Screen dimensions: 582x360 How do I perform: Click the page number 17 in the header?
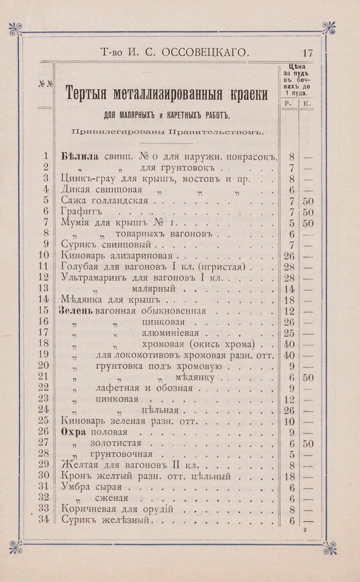tap(308, 52)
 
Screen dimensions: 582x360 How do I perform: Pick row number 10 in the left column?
tap(43, 255)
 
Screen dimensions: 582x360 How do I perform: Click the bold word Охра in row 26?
tap(74, 431)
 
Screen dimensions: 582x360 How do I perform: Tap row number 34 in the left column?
tap(43, 520)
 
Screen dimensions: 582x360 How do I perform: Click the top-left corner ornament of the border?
tap(16, 29)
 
